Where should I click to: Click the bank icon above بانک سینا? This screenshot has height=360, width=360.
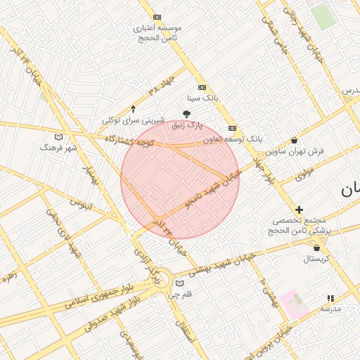pyautogui.click(x=202, y=88)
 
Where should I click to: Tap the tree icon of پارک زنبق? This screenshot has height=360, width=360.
pyautogui.click(x=186, y=114)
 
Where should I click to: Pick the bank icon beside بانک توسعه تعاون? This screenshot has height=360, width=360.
pyautogui.click(x=232, y=129)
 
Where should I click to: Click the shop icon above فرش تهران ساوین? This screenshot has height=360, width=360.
pyautogui.click(x=294, y=140)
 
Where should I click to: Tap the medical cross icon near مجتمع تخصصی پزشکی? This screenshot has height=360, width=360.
pyautogui.click(x=299, y=210)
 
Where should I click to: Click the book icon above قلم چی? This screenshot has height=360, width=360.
pyautogui.click(x=180, y=283)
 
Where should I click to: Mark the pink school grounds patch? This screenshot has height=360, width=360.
pyautogui.click(x=295, y=303)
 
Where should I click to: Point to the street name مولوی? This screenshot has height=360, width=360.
pyautogui.click(x=304, y=172)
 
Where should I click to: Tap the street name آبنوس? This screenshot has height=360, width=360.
pyautogui.click(x=81, y=204)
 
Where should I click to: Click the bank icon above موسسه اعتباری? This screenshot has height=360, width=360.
pyautogui.click(x=157, y=17)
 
